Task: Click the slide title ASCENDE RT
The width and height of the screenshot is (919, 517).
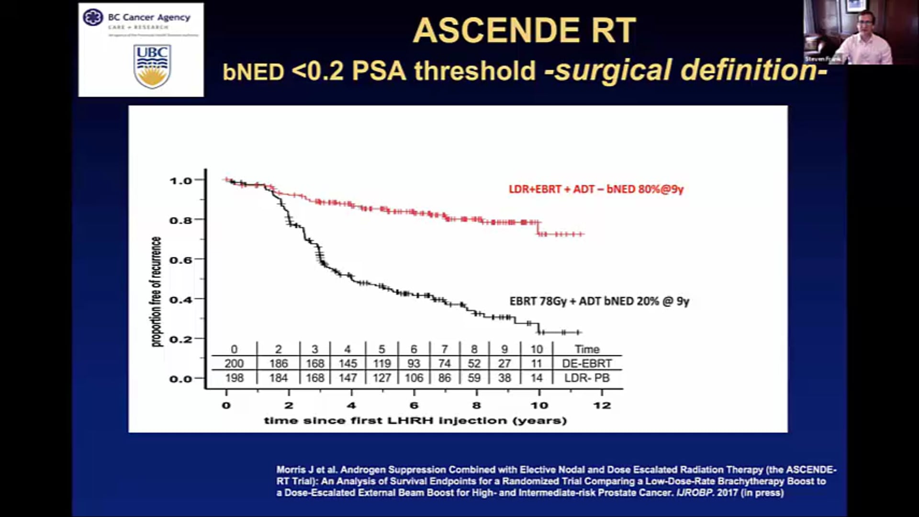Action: pyautogui.click(x=524, y=31)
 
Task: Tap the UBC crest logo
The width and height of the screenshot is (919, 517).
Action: pyautogui.click(x=152, y=66)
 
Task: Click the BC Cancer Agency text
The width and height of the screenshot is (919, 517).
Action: pyautogui.click(x=149, y=17)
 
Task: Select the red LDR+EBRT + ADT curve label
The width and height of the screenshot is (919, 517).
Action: pyautogui.click(x=596, y=189)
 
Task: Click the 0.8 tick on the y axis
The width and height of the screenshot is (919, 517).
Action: pyautogui.click(x=180, y=220)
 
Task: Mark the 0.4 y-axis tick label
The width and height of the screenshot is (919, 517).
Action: pyautogui.click(x=180, y=300)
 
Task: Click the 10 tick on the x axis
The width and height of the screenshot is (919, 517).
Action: pyautogui.click(x=539, y=405)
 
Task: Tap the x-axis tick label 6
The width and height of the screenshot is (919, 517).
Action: pyautogui.click(x=414, y=405)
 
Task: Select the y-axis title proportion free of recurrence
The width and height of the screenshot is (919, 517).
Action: pyautogui.click(x=157, y=292)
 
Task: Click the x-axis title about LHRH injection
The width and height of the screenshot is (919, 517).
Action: pyautogui.click(x=415, y=421)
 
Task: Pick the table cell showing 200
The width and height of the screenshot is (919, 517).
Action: pyautogui.click(x=234, y=364)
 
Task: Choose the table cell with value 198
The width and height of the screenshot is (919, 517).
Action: pyautogui.click(x=234, y=378)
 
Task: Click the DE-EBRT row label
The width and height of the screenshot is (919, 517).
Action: pyautogui.click(x=587, y=364)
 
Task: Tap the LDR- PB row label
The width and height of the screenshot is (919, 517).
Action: pyautogui.click(x=587, y=378)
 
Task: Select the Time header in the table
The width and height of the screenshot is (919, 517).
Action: pyautogui.click(x=587, y=349)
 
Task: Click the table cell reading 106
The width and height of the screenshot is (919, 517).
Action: pyautogui.click(x=414, y=378)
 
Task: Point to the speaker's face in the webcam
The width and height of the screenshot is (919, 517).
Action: pyautogui.click(x=865, y=24)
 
